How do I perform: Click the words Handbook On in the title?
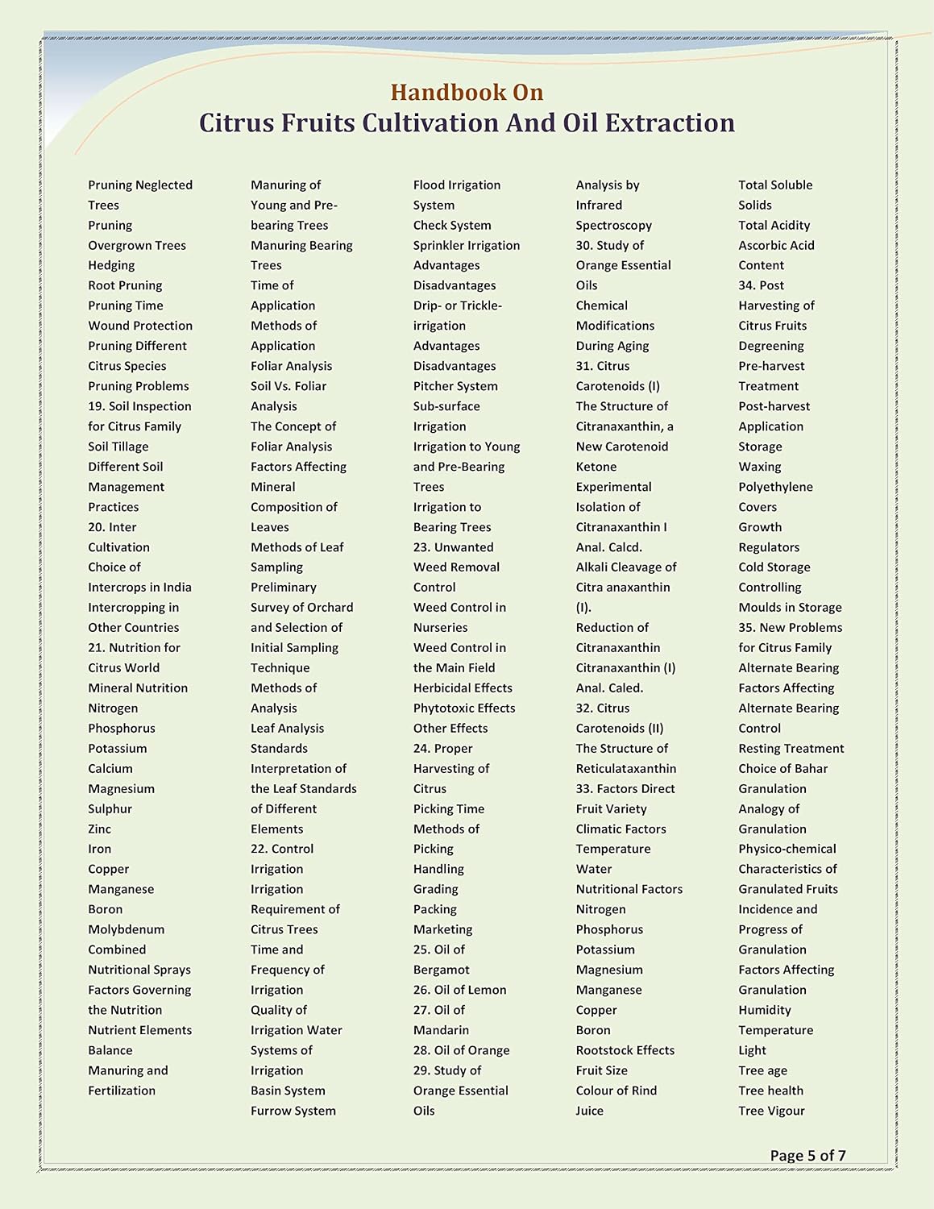click(x=467, y=93)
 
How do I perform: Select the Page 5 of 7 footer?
click(x=807, y=1155)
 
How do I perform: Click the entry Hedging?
click(x=111, y=265)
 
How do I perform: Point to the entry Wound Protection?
click(x=140, y=326)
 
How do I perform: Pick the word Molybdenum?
click(x=126, y=929)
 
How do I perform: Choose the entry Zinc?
click(x=100, y=829)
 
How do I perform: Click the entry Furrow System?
click(x=293, y=1111)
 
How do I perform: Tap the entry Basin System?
click(x=288, y=1091)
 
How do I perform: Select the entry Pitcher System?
click(x=455, y=386)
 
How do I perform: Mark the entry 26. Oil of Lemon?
click(x=460, y=990)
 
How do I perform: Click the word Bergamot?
click(x=441, y=970)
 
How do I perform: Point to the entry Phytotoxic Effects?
click(x=464, y=708)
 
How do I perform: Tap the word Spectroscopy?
click(x=613, y=225)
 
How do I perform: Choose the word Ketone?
click(x=596, y=467)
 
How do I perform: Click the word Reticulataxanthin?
click(x=626, y=768)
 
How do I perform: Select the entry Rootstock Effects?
click(x=625, y=1050)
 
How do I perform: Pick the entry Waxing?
click(x=760, y=467)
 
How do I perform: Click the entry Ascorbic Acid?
click(x=776, y=245)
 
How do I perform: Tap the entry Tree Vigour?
click(x=771, y=1111)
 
